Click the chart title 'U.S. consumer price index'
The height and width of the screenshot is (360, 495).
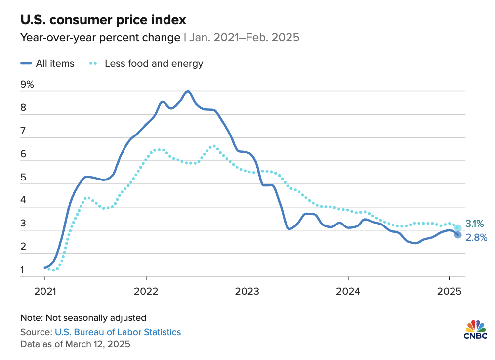click(x=103, y=20)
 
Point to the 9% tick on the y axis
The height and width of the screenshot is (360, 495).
click(x=27, y=85)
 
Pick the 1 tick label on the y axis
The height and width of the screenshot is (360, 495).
click(x=23, y=270)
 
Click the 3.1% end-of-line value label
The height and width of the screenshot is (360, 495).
click(x=474, y=224)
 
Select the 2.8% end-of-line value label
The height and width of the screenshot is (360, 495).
click(x=477, y=238)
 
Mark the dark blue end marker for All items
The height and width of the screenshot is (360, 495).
click(x=458, y=235)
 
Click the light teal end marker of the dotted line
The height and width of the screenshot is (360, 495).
click(x=458, y=227)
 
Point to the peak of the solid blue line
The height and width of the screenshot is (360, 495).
click(x=188, y=91)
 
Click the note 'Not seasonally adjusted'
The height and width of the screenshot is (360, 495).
click(x=83, y=318)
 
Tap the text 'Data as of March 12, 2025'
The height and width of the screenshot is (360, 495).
click(x=75, y=343)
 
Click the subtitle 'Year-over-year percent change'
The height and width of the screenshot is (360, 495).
click(x=100, y=38)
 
